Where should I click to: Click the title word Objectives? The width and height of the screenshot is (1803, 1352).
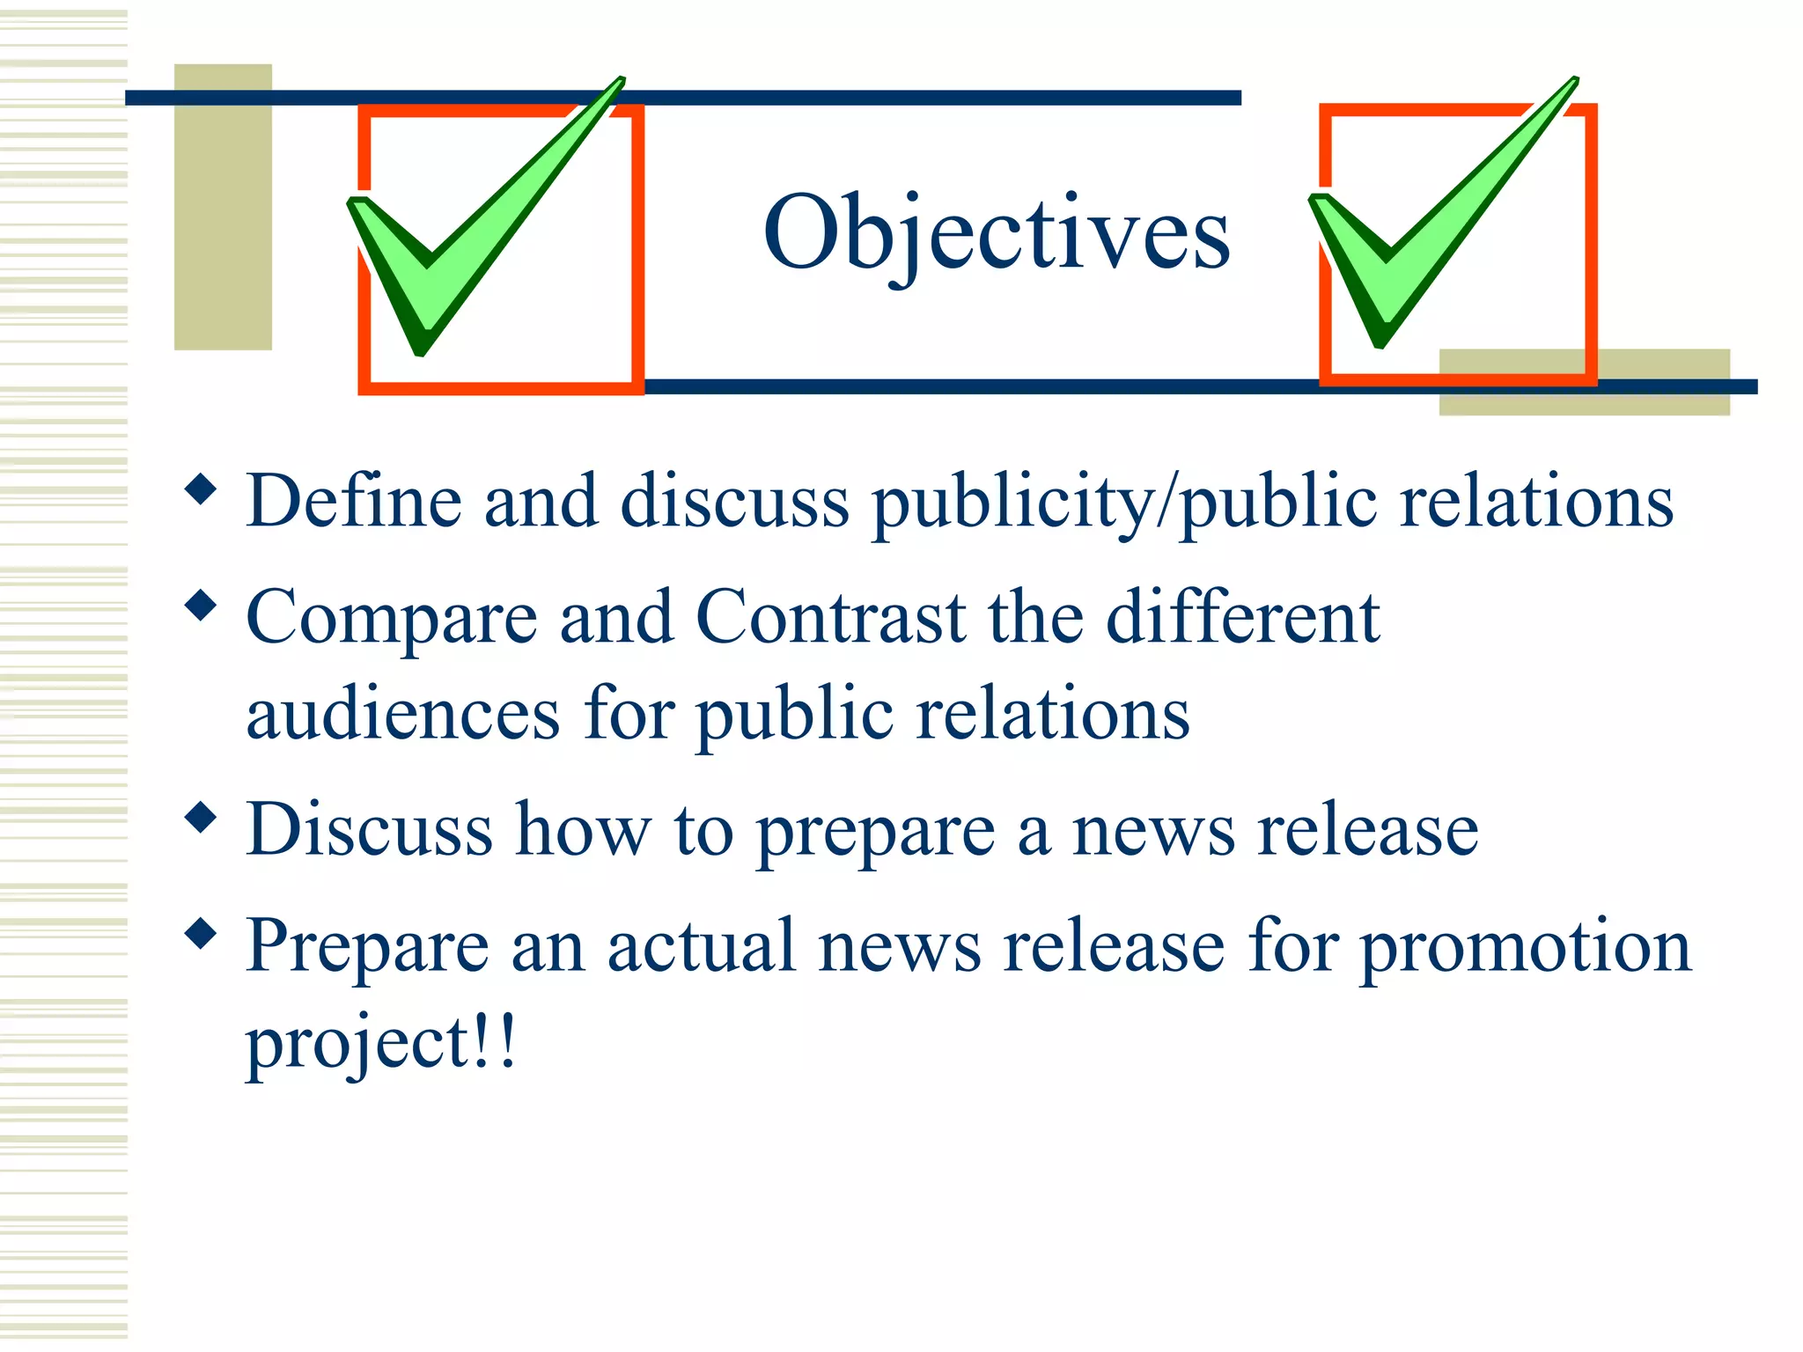coord(996,234)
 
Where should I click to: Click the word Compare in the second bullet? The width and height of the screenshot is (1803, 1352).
coord(391,619)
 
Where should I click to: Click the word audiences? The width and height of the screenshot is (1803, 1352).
coord(402,715)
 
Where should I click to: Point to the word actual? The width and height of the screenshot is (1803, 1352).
coord(701,945)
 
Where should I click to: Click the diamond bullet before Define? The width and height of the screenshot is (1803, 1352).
coord(202,489)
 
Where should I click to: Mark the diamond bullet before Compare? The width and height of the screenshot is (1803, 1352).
coord(202,606)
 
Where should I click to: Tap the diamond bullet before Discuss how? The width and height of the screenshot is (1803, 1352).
coord(202,818)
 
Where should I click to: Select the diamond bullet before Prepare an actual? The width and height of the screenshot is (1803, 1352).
coord(202,933)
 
